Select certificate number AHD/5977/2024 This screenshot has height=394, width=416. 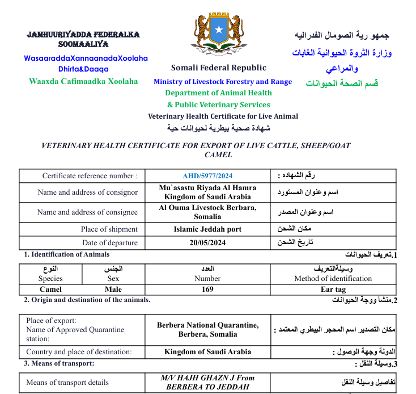pyautogui.click(x=207, y=176)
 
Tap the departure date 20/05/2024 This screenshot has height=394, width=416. pyautogui.click(x=207, y=242)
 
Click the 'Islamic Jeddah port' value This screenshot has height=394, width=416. pyautogui.click(x=207, y=229)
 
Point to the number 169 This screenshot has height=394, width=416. pyautogui.click(x=207, y=289)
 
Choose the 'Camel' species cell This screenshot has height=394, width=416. pyautogui.click(x=50, y=289)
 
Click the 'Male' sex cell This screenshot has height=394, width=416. pyautogui.click(x=113, y=289)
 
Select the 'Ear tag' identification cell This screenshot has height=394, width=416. pyautogui.click(x=333, y=289)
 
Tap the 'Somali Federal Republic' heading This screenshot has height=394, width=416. pyautogui.click(x=218, y=68)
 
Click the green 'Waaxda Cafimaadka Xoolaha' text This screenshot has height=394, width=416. pyautogui.click(x=83, y=81)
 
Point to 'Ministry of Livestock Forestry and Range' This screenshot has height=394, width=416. pyautogui.click(x=223, y=82)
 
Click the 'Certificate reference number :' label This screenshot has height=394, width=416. pyautogui.click(x=90, y=176)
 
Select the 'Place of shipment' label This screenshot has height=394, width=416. pyautogui.click(x=109, y=229)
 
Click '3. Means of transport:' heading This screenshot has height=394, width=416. pyautogui.click(x=60, y=363)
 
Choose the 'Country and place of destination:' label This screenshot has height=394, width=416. pyautogui.click(x=79, y=352)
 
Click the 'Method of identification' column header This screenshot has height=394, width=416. pyautogui.click(x=333, y=279)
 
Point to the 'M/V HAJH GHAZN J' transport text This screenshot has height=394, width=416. pyautogui.click(x=207, y=378)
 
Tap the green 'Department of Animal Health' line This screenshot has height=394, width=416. pyautogui.click(x=218, y=93)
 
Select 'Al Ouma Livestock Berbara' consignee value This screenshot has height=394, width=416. pyautogui.click(x=207, y=208)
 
